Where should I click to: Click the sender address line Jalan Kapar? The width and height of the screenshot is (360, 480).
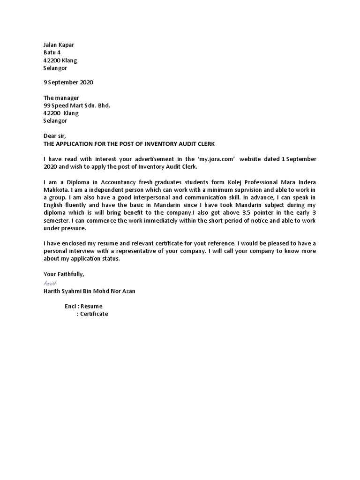(x=59, y=45)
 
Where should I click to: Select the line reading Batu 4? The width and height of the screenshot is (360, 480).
(x=52, y=52)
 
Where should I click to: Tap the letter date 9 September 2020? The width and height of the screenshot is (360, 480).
(x=68, y=82)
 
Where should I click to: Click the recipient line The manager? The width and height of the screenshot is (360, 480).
(x=61, y=98)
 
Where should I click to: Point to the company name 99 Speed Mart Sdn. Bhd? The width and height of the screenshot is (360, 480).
(x=76, y=105)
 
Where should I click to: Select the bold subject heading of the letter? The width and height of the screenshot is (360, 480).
(x=129, y=143)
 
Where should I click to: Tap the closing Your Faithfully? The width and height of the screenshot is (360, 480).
(x=64, y=274)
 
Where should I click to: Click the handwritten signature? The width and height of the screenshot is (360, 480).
(x=50, y=283)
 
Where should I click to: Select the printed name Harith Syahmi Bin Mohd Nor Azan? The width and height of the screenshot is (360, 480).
(x=89, y=291)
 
